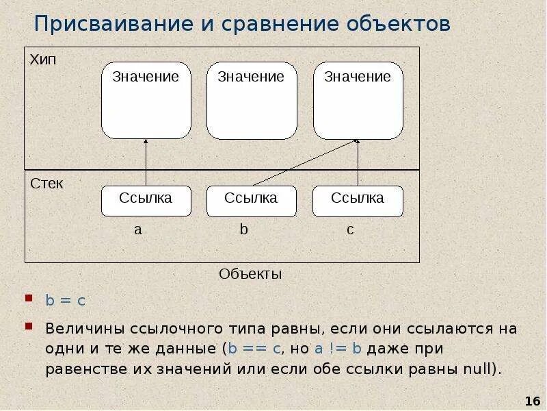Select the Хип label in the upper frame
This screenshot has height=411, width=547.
pyautogui.click(x=43, y=60)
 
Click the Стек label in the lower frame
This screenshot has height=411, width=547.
pyautogui.click(x=46, y=184)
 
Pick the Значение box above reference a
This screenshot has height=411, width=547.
pyautogui.click(x=146, y=100)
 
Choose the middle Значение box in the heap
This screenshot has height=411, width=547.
pyautogui.click(x=252, y=100)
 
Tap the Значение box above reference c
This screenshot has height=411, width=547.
pyautogui.click(x=358, y=100)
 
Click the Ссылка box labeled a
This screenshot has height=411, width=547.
pyautogui.click(x=146, y=200)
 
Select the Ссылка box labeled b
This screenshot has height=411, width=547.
pyautogui.click(x=252, y=200)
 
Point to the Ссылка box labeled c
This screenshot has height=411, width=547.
pyautogui.click(x=358, y=200)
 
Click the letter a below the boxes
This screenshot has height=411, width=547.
pyautogui.click(x=138, y=230)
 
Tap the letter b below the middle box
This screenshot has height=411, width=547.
pyautogui.click(x=244, y=230)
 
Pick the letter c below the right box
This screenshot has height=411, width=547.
pyautogui.click(x=350, y=230)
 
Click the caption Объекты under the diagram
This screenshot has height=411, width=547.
pyautogui.click(x=250, y=274)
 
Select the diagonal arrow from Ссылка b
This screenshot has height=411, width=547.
pyautogui.click(x=304, y=162)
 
